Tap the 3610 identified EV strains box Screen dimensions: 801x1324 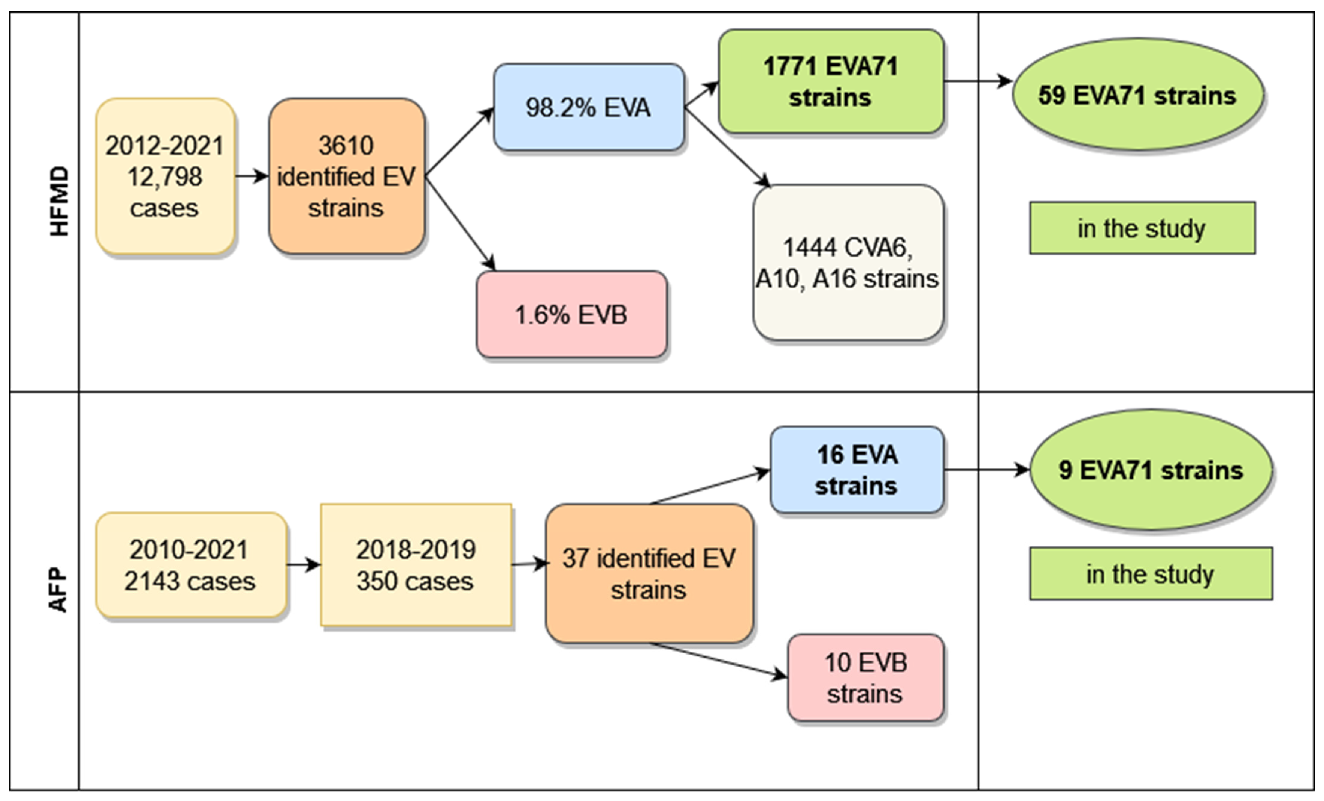[x=346, y=176]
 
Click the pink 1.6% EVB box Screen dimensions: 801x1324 [x=571, y=314]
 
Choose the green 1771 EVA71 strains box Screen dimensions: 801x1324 [x=831, y=82]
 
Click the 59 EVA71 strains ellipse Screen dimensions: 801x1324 [x=1137, y=95]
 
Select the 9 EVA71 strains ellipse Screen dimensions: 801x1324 [x=1150, y=470]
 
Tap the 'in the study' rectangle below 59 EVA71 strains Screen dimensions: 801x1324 [x=1142, y=228]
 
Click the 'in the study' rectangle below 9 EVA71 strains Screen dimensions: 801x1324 [x=1150, y=574]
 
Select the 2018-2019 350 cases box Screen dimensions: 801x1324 [x=415, y=565]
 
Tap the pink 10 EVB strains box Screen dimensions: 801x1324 [x=865, y=677]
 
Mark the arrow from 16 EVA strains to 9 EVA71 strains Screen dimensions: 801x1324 [x=986, y=470]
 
